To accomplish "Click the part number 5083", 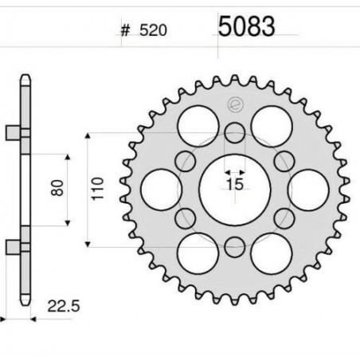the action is pos(246,26).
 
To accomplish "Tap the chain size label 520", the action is pos(153,30).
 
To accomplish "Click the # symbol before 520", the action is pos(125,30).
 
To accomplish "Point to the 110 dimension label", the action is pos(97,189).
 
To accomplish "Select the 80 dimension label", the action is pos(57,188).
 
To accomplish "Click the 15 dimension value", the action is pos(235,184).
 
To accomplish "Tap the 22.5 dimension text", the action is pos(64,306).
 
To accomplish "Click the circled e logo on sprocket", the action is pos(236,105).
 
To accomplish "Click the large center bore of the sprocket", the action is pos(235,190).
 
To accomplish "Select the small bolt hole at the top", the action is pos(235,132).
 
